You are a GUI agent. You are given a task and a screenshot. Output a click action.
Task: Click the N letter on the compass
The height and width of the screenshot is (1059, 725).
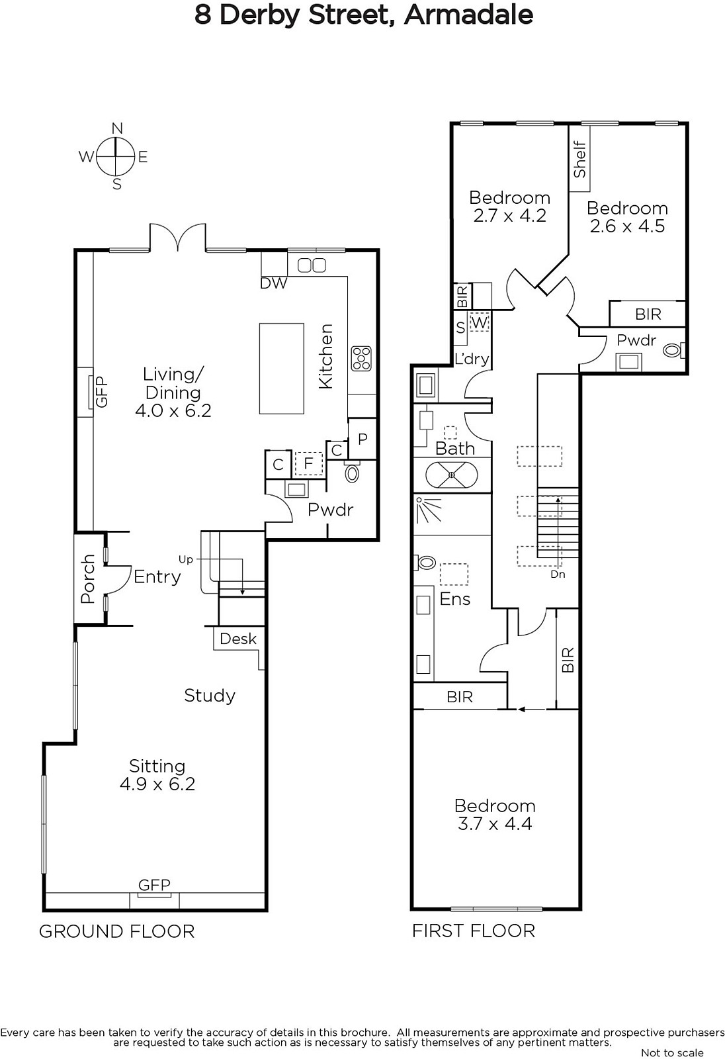[117, 128]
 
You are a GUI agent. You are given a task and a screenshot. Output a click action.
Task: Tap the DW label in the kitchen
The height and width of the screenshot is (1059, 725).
[274, 283]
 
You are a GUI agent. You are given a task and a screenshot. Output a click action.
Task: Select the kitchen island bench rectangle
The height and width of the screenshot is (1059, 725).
[281, 368]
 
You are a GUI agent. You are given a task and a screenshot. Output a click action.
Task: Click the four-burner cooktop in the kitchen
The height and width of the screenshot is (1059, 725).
[362, 358]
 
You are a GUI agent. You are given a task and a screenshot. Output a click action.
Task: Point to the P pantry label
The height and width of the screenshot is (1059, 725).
[362, 439]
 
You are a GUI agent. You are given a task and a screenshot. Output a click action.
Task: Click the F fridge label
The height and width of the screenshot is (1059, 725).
[309, 463]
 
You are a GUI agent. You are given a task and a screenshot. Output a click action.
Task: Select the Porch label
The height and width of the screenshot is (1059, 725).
[88, 578]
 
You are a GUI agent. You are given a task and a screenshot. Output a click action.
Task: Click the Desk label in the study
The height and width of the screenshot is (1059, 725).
[237, 639]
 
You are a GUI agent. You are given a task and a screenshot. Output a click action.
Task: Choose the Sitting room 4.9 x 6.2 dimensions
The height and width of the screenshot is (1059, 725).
[157, 784]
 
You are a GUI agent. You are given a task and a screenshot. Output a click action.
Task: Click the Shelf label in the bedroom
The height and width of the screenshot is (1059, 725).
[579, 160]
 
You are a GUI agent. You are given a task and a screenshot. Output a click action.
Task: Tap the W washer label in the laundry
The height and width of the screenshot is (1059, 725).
[479, 323]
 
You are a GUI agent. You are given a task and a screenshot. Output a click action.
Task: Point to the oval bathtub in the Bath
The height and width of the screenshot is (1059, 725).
[452, 474]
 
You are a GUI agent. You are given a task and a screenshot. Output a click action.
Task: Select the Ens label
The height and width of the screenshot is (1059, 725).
[454, 599]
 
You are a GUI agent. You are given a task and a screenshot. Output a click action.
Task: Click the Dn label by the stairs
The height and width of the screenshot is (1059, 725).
[558, 575]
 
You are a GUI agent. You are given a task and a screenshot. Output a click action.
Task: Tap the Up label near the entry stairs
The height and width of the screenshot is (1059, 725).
[186, 560]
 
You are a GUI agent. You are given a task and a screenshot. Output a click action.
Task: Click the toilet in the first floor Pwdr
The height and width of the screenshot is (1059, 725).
[673, 350]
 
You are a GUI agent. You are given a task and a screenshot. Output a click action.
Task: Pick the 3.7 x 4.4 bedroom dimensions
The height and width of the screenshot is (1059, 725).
[495, 823]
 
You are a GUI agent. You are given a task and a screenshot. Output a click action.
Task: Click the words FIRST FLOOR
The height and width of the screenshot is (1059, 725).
[474, 931]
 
